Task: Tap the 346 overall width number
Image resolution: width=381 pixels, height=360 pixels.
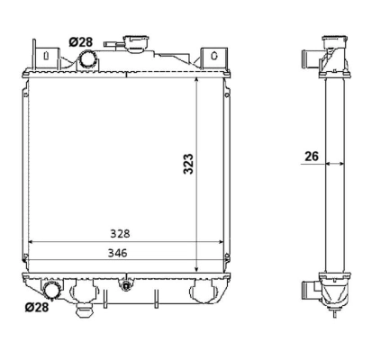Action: [x=118, y=253]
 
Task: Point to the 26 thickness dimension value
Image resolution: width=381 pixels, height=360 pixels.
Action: [x=311, y=155]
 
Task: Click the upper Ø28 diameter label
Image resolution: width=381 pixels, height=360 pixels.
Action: [x=81, y=41]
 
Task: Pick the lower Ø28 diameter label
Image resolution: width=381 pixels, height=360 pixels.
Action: [x=36, y=307]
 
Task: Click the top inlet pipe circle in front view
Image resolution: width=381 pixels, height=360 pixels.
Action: [x=89, y=59]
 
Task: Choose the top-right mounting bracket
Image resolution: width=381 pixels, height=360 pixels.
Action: [x=211, y=55]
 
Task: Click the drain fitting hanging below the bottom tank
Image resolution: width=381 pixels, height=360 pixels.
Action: [x=87, y=310]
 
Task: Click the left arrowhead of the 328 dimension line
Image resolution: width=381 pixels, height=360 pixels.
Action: [x=32, y=242]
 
